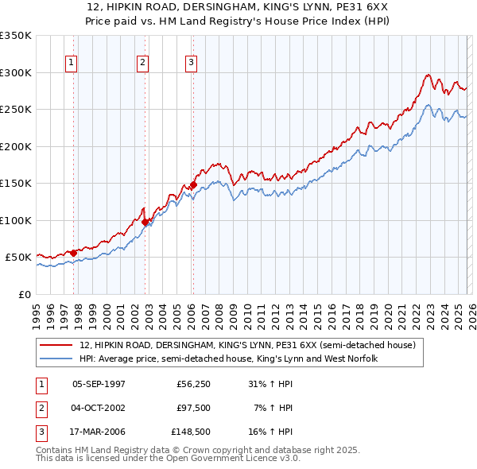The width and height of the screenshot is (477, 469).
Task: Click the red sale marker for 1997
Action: coord(74,253)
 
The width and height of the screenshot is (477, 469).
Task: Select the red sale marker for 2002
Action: coord(145,223)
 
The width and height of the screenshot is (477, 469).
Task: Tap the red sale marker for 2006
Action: coord(193,184)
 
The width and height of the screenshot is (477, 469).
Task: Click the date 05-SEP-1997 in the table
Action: coord(99,383)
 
